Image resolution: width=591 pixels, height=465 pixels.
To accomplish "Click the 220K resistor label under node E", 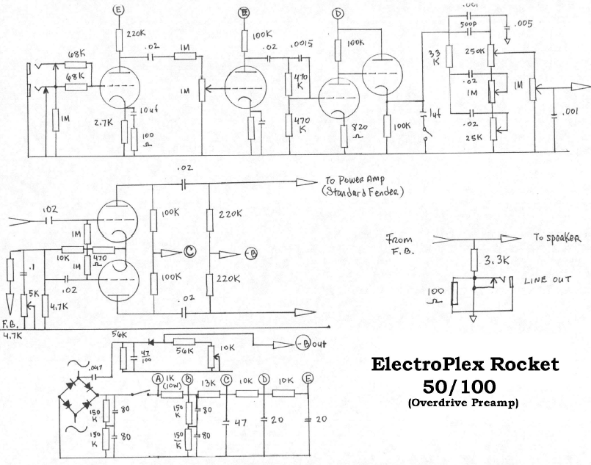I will [136, 33].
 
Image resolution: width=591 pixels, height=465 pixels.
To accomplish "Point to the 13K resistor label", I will [209, 382].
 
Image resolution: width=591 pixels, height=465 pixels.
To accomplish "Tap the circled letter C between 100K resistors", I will [190, 252].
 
